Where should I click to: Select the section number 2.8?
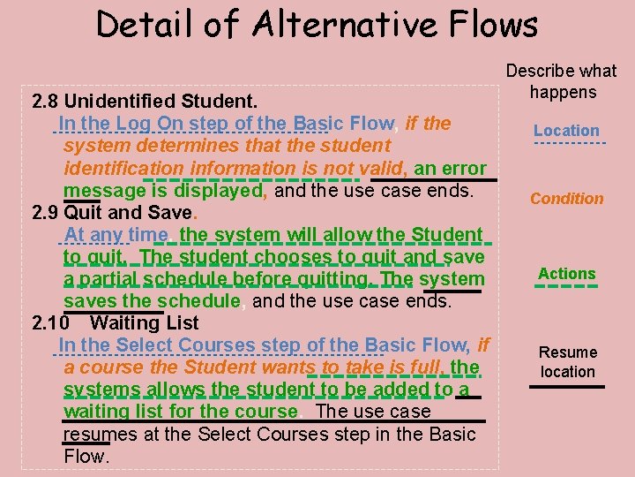45,101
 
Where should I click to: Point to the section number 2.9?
45,213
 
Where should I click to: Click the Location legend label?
566,131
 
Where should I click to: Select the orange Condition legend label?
567,199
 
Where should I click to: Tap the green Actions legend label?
567,274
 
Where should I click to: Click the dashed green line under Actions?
567,285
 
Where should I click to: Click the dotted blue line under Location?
570,143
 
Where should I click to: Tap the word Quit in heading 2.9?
83,213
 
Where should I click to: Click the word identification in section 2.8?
123,168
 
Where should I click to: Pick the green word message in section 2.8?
98,190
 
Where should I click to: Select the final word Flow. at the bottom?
86,457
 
